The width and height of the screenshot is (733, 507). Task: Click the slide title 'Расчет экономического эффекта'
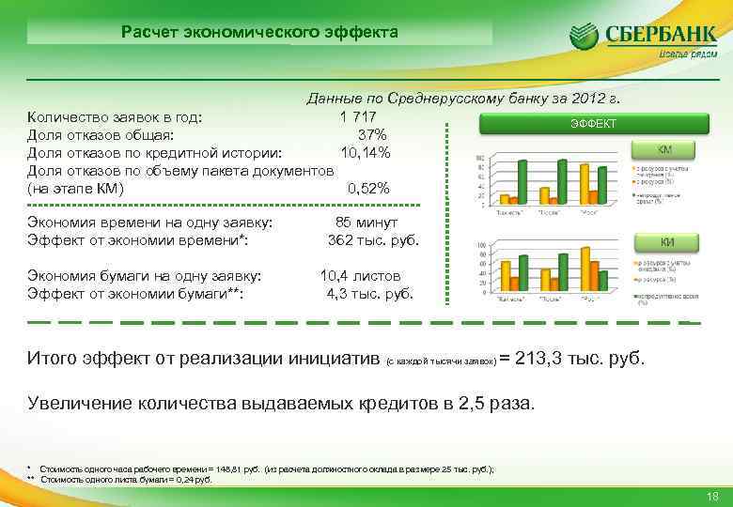pyautogui.click(x=259, y=32)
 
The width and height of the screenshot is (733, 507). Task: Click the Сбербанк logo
pyautogui.click(x=637, y=40)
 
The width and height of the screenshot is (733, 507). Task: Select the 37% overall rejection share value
pyautogui.click(x=373, y=134)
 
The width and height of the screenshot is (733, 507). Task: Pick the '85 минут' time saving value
pyautogui.click(x=366, y=223)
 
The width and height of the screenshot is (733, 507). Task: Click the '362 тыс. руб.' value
pyautogui.click(x=372, y=240)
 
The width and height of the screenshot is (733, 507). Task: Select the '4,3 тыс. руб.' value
pyautogui.click(x=369, y=293)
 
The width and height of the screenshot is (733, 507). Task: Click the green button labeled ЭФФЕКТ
pyautogui.click(x=594, y=123)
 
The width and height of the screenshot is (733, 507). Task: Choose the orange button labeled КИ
pyautogui.click(x=666, y=242)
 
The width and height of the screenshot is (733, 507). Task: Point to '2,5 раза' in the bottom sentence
pyautogui.click(x=498, y=405)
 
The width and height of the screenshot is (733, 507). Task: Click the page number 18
pyautogui.click(x=711, y=496)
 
